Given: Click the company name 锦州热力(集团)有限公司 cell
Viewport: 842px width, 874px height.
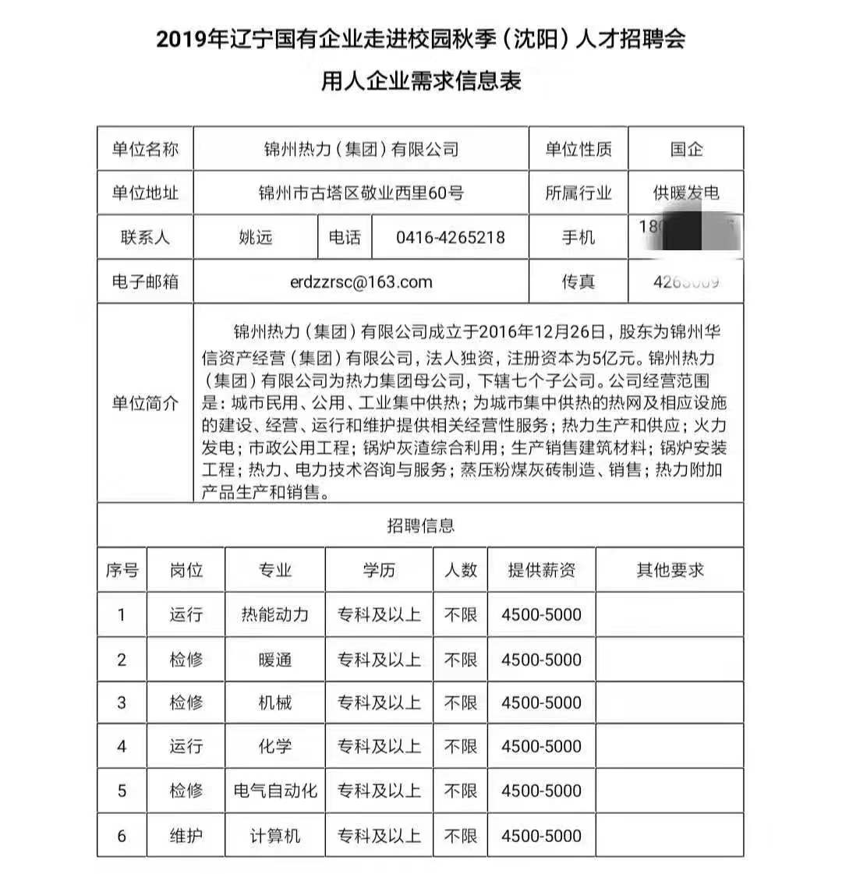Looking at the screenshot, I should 360,149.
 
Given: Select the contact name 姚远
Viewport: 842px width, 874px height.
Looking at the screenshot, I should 255,237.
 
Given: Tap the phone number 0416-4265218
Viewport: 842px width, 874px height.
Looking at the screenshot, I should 451,237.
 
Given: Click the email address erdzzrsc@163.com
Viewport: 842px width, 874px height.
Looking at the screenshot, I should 360,281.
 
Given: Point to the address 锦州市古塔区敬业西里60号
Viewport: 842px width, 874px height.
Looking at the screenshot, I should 360,193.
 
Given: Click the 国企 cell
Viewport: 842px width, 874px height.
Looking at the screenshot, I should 686,149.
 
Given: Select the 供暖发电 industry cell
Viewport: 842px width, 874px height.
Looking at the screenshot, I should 686,193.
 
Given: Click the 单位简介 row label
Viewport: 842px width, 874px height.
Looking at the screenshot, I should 145,403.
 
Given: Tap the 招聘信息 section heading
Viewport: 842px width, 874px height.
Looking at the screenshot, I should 420,525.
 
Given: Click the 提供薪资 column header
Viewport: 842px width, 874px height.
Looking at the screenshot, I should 541,570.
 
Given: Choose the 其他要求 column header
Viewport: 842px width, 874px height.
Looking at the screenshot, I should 670,570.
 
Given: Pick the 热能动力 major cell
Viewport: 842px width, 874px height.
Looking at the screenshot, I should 274,614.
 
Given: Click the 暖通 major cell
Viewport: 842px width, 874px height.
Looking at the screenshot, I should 274,660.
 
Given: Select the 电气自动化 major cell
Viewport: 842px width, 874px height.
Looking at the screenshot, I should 274,791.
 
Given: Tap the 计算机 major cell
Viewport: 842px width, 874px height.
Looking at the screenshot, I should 274,836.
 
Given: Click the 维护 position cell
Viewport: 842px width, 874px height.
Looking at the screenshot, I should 186,836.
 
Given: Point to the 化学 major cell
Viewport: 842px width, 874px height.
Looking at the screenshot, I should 274,746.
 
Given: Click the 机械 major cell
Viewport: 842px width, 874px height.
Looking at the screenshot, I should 274,702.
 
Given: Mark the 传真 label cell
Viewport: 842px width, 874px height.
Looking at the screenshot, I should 578,281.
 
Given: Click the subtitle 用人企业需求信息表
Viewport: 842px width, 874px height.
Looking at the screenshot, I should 421,80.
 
